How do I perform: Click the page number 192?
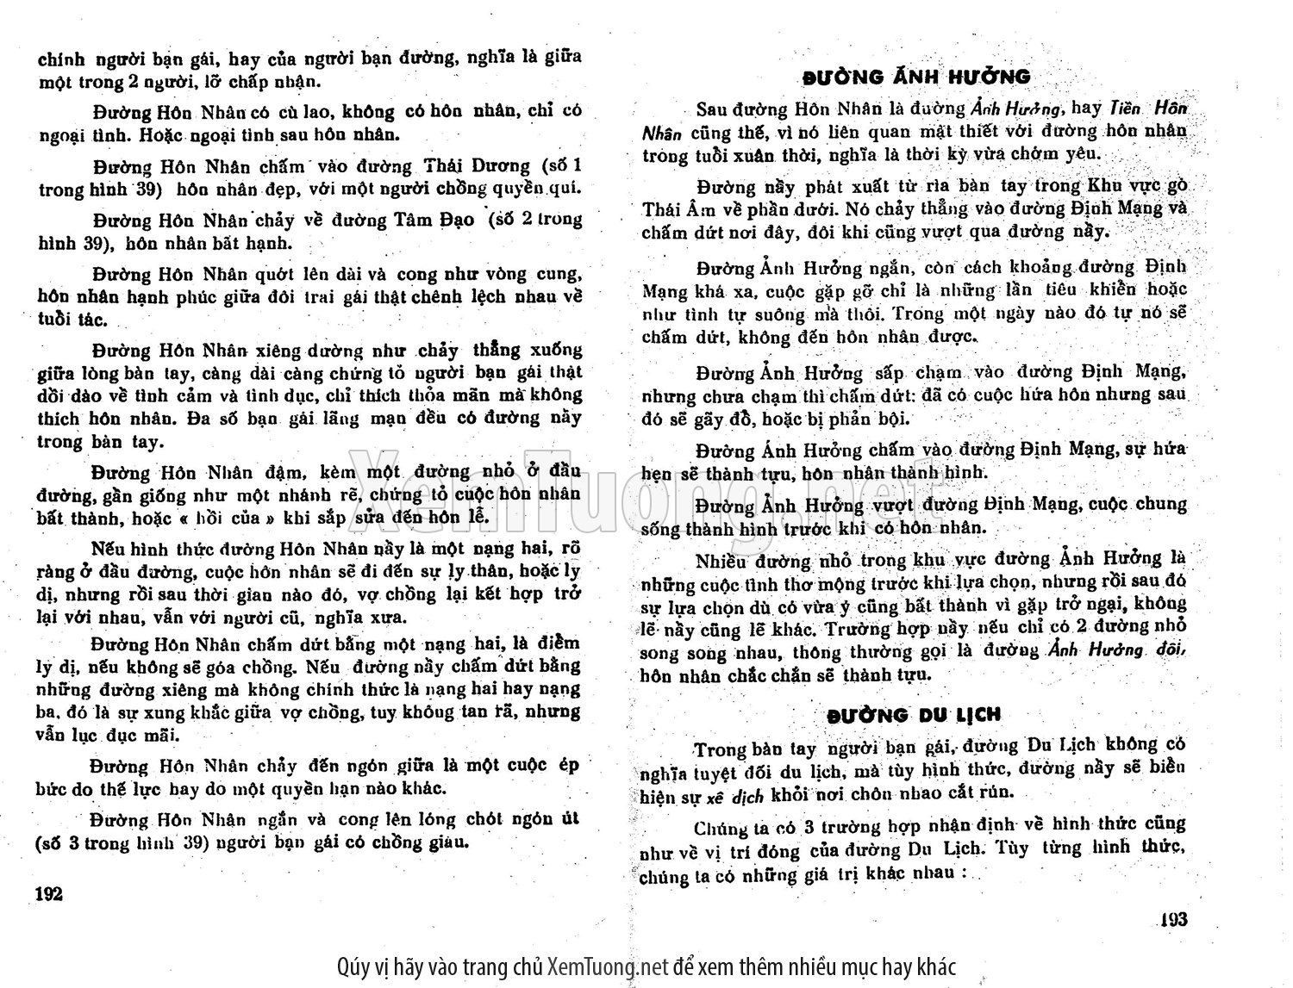[49, 893]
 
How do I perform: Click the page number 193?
[1173, 919]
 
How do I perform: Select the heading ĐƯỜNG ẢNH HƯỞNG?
[915, 77]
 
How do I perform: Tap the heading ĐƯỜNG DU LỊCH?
[914, 715]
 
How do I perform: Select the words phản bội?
[862, 419]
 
